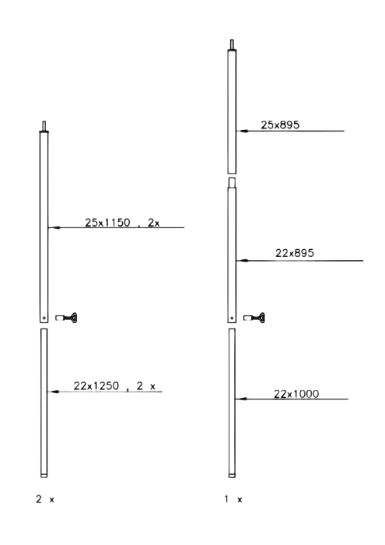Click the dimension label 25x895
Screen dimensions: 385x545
point(280,125)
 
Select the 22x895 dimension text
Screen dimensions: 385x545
point(295,253)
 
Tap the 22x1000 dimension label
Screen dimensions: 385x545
point(296,394)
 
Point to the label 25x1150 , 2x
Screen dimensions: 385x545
point(122,223)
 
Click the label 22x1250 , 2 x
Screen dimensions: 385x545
point(114,386)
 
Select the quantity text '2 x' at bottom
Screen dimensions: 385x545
point(45,500)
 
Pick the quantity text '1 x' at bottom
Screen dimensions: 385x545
point(233,500)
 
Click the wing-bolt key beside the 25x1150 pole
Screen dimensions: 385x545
point(66,318)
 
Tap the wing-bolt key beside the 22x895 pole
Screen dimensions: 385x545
point(254,318)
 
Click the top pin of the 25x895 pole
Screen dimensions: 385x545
point(232,44)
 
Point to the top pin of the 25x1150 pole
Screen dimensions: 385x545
point(44,126)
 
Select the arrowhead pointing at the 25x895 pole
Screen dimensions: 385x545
point(242,131)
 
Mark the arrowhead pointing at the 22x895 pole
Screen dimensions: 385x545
point(242,260)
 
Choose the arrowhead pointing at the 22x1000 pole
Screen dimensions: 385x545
point(241,399)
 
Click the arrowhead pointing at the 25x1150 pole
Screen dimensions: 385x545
point(54,227)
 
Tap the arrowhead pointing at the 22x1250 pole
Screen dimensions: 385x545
point(53,392)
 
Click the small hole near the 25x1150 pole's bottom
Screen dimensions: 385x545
point(44,318)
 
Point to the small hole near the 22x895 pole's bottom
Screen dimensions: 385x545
point(232,318)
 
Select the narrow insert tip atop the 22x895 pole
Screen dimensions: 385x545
point(232,183)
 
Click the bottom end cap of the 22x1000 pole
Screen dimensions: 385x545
point(232,476)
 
